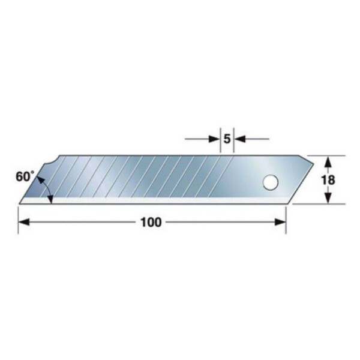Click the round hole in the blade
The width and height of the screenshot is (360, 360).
coord(269,182)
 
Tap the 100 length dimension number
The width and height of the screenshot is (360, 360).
coord(151,222)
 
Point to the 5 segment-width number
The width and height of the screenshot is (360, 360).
coord(227,139)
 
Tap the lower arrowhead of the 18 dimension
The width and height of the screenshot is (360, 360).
coord(328,199)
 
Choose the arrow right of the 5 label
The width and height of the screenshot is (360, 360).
coord(238,139)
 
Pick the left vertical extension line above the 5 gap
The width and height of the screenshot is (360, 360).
coord(220,141)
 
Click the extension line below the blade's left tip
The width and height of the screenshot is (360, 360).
coord(18,218)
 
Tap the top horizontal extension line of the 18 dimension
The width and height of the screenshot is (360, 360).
coord(329,155)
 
